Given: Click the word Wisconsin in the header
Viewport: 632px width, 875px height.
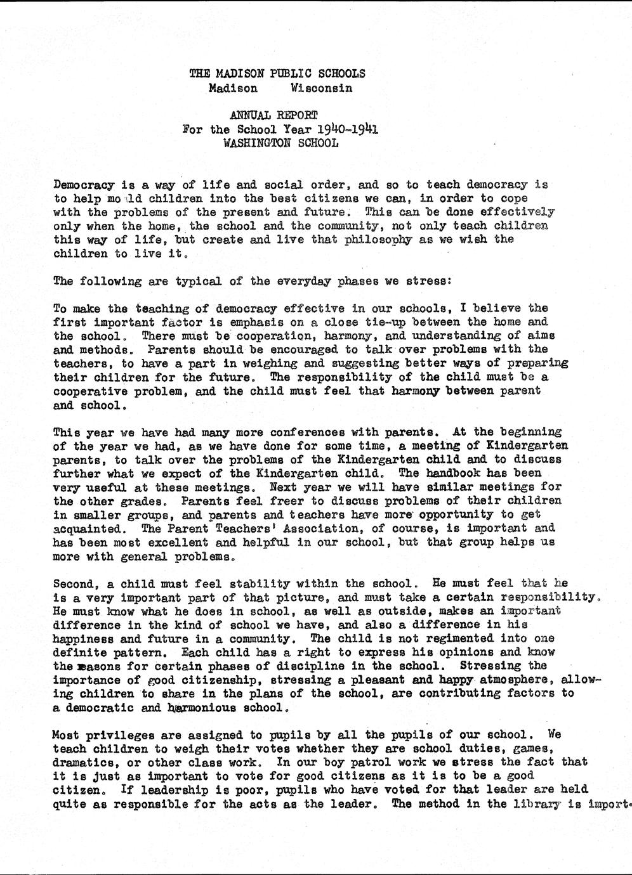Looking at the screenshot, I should click(321, 88).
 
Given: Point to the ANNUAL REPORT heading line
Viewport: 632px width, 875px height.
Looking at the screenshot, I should click(273, 115).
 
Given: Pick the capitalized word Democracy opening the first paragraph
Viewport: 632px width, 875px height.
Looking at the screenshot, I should click(84, 185).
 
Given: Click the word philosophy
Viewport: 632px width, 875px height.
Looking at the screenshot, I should click(378, 240).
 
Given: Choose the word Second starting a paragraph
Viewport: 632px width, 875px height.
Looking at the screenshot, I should click(74, 583).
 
